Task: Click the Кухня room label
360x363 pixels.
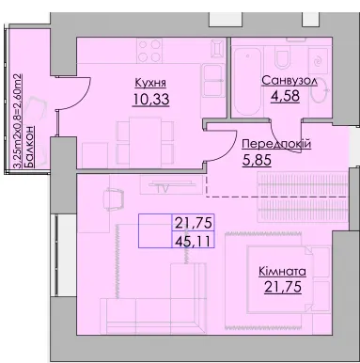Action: [150, 84]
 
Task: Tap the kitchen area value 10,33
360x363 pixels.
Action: [151, 100]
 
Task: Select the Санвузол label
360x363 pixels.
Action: [290, 81]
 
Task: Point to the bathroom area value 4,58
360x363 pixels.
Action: [285, 96]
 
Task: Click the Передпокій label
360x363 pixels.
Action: [276, 145]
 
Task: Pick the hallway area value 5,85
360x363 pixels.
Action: [257, 161]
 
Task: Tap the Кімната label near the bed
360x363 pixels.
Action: [282, 272]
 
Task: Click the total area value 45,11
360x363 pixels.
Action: [194, 241]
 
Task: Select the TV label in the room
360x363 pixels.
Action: [163, 188]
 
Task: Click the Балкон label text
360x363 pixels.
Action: [29, 147]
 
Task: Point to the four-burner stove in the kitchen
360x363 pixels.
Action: [149, 51]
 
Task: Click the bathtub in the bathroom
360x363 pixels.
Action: [247, 83]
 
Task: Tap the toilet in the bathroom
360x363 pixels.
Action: [281, 58]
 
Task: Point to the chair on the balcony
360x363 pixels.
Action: [37, 107]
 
